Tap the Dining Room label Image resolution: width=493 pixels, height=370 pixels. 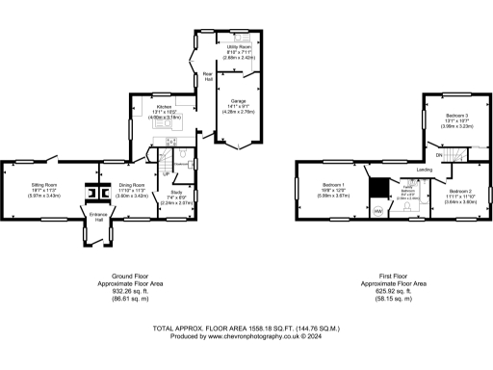coord(132,185)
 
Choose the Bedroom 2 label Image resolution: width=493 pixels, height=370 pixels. coord(459,191)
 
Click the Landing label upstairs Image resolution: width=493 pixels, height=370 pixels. coord(423,170)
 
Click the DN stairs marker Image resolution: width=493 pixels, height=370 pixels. coord(439,154)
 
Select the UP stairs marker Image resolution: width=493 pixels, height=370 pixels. coord(165,173)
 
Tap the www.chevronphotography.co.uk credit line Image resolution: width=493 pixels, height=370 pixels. coord(246,335)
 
